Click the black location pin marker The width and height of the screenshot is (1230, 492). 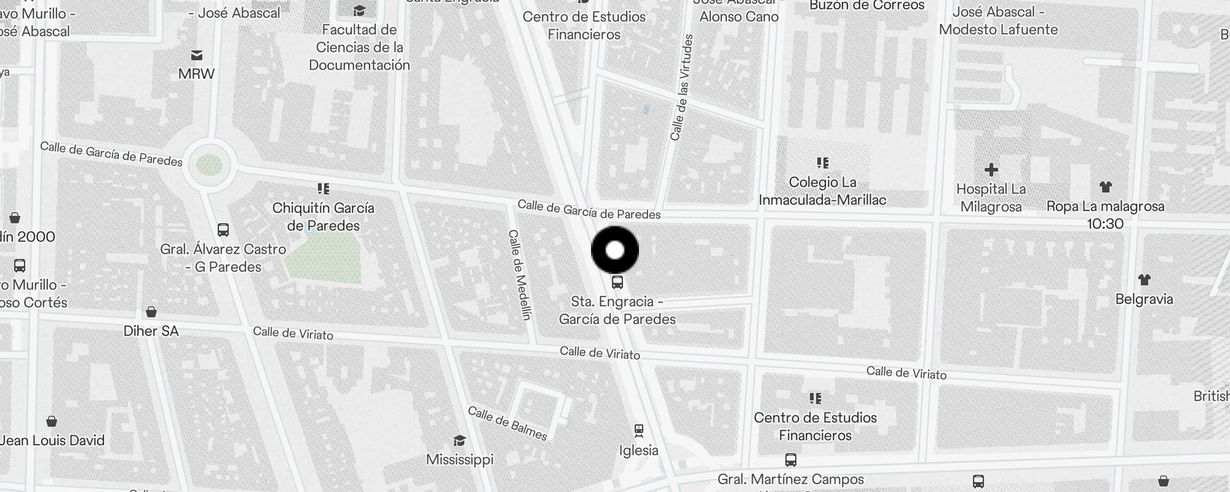tap(615, 250)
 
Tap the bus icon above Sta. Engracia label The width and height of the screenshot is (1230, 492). tap(617, 282)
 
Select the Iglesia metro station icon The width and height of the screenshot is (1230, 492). tap(639, 430)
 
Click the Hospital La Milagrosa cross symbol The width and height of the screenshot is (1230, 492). tap(991, 169)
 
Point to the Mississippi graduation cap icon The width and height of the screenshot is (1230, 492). tap(459, 440)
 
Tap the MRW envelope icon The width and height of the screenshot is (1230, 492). tap(197, 55)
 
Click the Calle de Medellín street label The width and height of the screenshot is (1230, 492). tap(520, 274)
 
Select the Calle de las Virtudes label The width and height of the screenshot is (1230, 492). tap(682, 87)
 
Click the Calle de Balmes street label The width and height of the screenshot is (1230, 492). tap(507, 423)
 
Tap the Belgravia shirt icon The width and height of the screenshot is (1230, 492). tap(1144, 280)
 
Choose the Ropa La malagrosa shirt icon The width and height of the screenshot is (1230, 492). tap(1105, 186)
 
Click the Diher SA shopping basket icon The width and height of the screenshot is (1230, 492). tap(151, 312)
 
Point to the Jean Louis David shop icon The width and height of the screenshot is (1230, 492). tap(52, 421)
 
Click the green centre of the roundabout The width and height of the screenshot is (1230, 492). tap(208, 164)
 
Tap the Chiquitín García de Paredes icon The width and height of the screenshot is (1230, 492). tap(323, 188)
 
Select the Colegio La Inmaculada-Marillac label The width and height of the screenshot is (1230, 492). tap(822, 191)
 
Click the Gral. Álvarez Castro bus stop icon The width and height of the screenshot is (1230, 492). tap(223, 230)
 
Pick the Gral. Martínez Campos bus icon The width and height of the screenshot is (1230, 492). tap(791, 460)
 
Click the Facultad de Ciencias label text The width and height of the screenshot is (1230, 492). tap(360, 47)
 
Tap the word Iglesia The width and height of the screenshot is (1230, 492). tap(638, 450)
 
